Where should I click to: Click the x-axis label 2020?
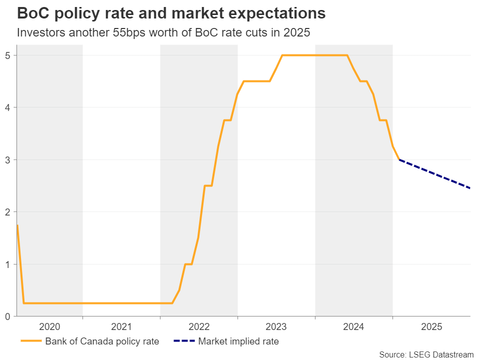click(x=49, y=327)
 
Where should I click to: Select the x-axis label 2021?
click(x=121, y=327)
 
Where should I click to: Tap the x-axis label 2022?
click(x=199, y=327)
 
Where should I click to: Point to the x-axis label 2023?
click(x=276, y=327)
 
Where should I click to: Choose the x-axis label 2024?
click(x=354, y=327)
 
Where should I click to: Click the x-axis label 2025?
click(x=431, y=327)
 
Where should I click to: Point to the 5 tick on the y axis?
click(x=9, y=55)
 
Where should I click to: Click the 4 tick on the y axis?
click(x=9, y=107)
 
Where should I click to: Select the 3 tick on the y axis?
click(x=9, y=159)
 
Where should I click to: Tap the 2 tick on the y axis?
click(x=9, y=212)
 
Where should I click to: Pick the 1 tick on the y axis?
click(x=9, y=264)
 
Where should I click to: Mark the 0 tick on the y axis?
click(x=9, y=316)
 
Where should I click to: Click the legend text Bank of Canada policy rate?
click(x=102, y=342)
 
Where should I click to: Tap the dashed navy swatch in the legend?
click(x=184, y=342)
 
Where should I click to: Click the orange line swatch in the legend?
click(x=31, y=342)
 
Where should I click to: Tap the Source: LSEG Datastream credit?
click(x=426, y=354)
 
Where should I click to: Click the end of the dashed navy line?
click(x=470, y=188)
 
